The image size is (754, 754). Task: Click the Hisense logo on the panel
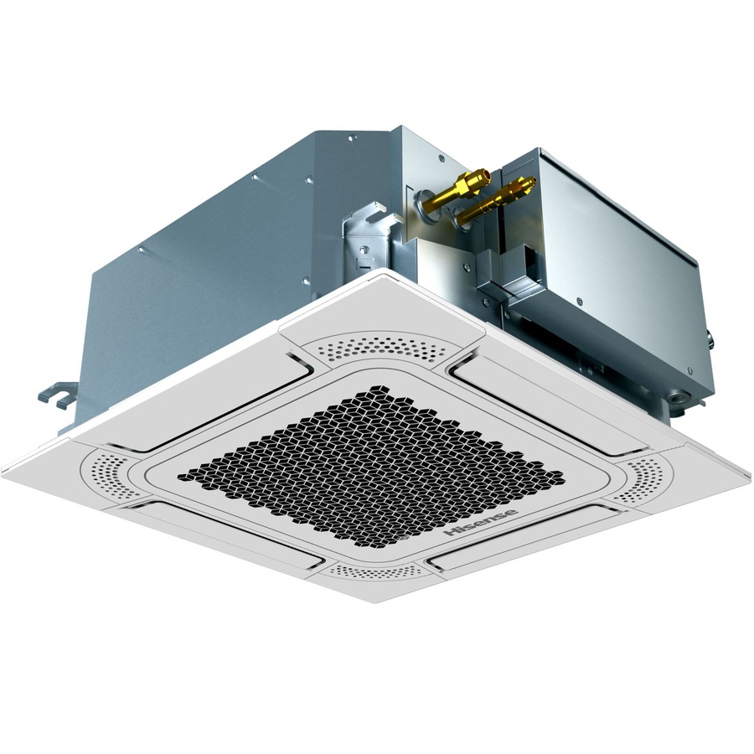(481, 523)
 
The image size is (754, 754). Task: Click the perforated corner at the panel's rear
(381, 345)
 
